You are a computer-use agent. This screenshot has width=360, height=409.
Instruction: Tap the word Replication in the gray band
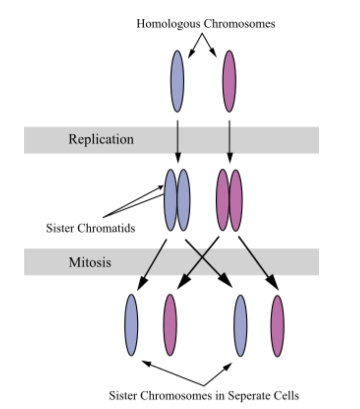101,139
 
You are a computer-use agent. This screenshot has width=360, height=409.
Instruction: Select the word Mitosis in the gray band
89,262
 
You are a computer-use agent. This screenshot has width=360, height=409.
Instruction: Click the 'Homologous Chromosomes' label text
205,24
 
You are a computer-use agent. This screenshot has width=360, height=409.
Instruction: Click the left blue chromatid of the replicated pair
170,200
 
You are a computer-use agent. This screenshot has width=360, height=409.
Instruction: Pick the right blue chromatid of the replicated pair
183,200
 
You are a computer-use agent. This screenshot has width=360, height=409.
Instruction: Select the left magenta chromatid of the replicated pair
223,200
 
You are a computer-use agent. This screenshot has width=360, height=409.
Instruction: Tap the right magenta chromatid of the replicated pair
236,200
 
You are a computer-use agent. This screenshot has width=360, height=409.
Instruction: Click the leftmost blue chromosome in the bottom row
131,325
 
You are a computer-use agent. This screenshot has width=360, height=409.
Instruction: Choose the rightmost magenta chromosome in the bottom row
278,325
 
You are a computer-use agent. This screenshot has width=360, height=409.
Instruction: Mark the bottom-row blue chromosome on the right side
240,325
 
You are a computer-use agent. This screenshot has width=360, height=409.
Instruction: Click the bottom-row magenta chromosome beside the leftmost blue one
170,325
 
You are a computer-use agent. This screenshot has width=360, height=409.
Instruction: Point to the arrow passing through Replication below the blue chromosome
177,139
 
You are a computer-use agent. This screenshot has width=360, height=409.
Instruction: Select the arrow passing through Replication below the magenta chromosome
230,139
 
